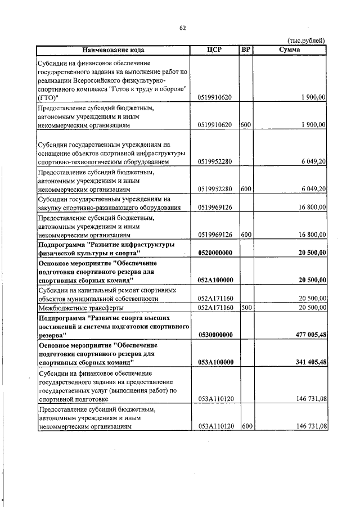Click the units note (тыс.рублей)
click(306, 40)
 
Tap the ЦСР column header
click(215, 49)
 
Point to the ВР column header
click(245, 49)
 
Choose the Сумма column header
click(290, 49)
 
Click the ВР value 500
click(246, 308)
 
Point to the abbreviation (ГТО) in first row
click(47, 97)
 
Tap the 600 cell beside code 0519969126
click(246, 235)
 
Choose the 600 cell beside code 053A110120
click(246, 427)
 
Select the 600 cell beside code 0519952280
click(246, 190)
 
